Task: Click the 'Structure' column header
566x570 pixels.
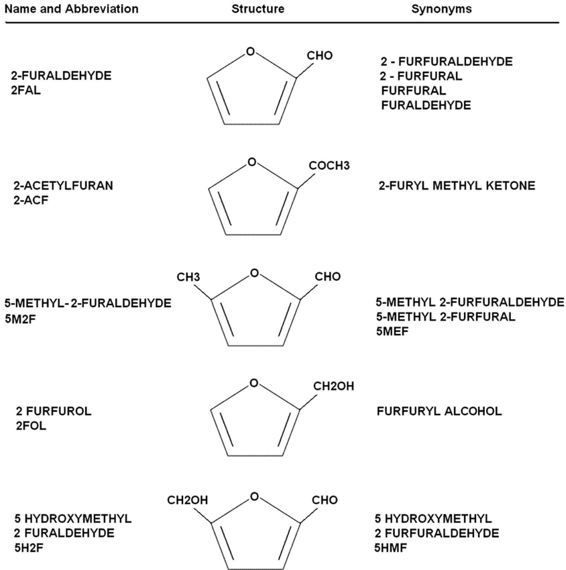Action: pos(258,9)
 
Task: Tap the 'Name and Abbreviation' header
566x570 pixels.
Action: pos(70,9)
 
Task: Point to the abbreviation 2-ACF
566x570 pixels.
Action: pos(30,198)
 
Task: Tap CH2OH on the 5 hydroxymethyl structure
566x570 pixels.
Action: pos(187,500)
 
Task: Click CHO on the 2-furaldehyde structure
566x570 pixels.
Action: pos(320,55)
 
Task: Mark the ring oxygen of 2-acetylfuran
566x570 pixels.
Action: pos(251,162)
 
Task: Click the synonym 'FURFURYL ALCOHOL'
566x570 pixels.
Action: pos(439,411)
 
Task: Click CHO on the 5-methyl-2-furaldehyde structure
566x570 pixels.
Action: pos(327,276)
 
